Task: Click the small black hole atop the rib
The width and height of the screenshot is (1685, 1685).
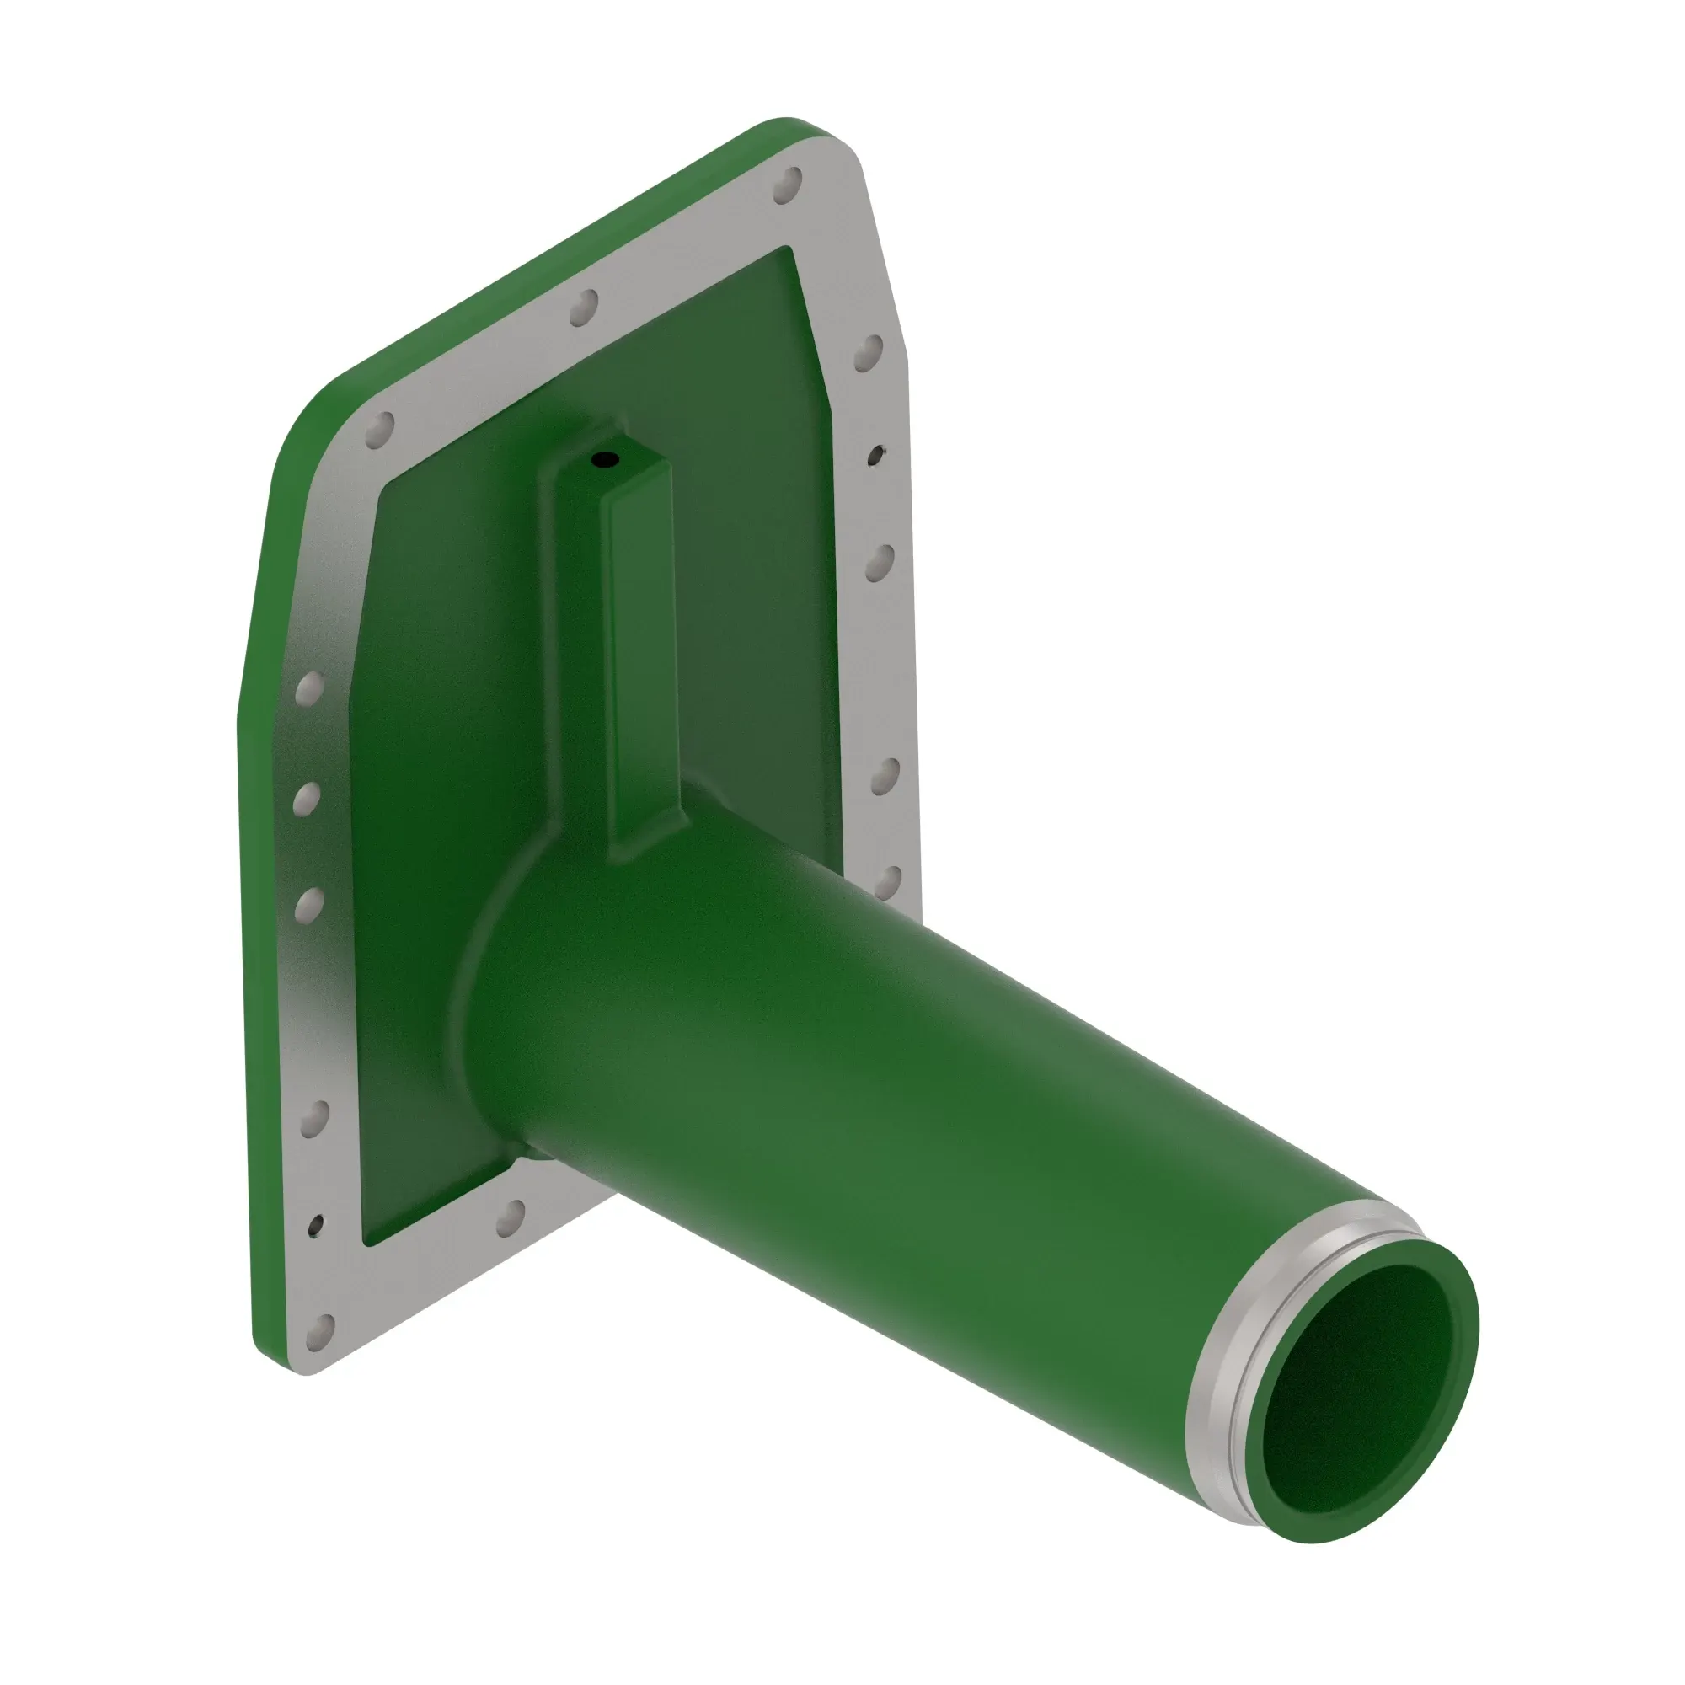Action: [604, 459]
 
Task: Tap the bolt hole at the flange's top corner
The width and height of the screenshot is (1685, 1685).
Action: [788, 184]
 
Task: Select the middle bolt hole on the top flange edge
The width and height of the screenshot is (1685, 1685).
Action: [584, 308]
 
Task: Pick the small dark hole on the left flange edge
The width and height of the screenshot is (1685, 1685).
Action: [316, 1225]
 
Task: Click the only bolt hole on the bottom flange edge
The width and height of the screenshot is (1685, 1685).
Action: [511, 1217]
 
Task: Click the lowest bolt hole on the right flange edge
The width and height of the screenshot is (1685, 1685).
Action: [887, 882]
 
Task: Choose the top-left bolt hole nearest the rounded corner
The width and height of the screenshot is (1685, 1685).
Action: [379, 430]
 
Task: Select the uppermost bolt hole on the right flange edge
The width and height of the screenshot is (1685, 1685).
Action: [869, 352]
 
